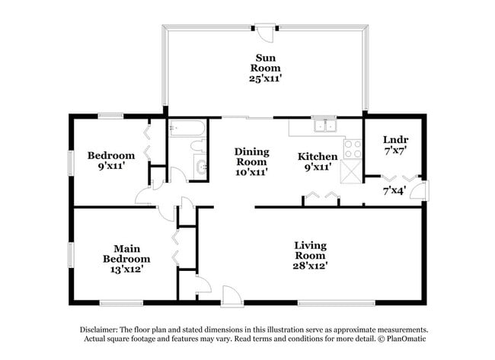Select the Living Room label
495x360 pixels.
(x=310, y=250)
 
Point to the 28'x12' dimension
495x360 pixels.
(x=310, y=266)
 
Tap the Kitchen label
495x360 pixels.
(x=317, y=157)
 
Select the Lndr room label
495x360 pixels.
(x=395, y=139)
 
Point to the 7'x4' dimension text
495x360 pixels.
(x=394, y=190)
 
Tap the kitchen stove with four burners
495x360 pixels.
(x=353, y=148)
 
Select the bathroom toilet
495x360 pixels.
(x=198, y=145)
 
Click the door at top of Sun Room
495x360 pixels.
(x=266, y=33)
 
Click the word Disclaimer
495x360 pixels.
(x=101, y=330)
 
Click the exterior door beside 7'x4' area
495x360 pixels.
(x=420, y=190)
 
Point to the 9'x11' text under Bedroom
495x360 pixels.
(x=110, y=164)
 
